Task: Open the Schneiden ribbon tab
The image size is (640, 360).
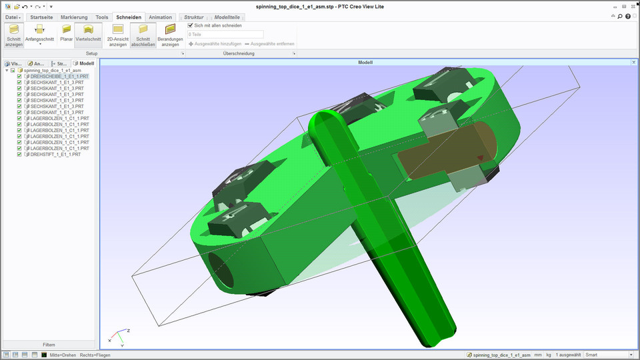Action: [x=128, y=17]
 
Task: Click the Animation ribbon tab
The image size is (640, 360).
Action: [x=160, y=17]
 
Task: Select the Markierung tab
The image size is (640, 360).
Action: [x=74, y=17]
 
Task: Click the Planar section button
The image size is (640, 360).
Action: [x=67, y=33]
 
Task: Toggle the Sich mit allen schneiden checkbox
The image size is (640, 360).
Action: [x=191, y=25]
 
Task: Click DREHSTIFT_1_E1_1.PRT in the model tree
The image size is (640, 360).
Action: [x=55, y=154]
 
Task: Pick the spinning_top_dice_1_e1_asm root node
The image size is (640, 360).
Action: [x=52, y=70]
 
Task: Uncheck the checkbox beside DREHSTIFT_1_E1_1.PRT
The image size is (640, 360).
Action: [x=19, y=154]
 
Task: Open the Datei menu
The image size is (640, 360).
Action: [x=13, y=17]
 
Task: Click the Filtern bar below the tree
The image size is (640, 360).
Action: [x=49, y=345]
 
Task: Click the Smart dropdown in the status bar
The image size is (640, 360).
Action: [x=607, y=355]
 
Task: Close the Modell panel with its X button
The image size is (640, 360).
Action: [x=633, y=62]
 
